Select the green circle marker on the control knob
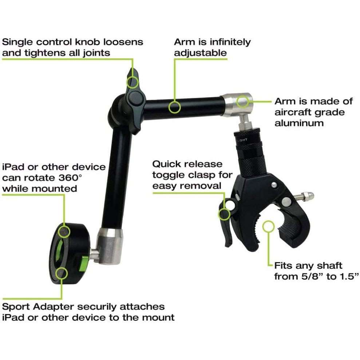point(133,82)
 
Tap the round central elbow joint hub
point(134,98)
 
